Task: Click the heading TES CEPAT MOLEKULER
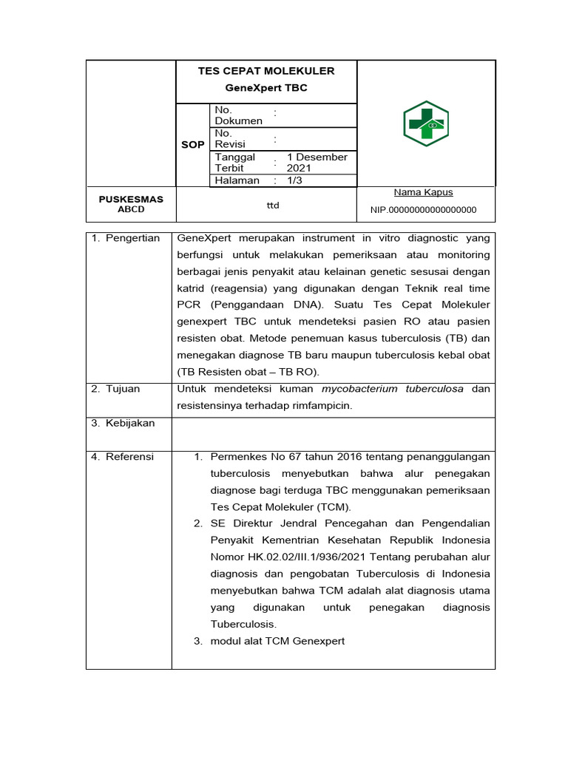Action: coord(266,71)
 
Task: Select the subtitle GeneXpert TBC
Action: coord(266,87)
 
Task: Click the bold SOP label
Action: coord(192,145)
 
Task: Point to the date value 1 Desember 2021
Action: coord(317,163)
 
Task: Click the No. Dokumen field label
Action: coord(238,115)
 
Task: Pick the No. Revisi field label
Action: coord(230,139)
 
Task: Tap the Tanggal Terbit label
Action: coord(234,163)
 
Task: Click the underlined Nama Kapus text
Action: coord(423,192)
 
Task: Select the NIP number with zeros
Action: coord(423,210)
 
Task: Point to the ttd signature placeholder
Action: coord(273,205)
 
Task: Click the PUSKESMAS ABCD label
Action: coord(131,204)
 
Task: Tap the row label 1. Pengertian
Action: coord(126,238)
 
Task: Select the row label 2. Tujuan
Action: coord(115,389)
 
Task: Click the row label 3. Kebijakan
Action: coord(123,423)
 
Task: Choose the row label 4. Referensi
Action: coord(123,457)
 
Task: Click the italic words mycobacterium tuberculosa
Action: coord(393,389)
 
